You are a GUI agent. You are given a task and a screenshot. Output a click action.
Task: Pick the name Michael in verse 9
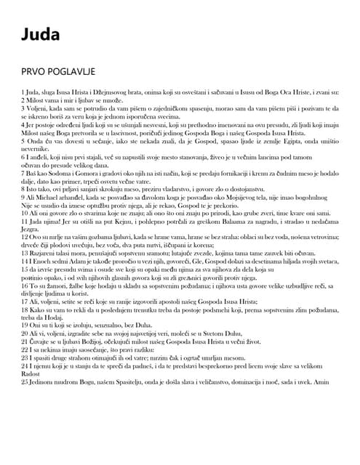click(52, 198)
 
